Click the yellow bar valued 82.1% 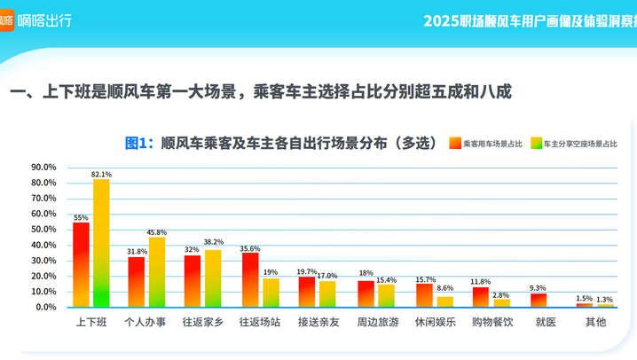[x=101, y=243]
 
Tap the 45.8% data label [x=157, y=232]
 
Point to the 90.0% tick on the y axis [x=43, y=167]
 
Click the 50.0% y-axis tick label [x=43, y=229]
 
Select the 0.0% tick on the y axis [x=45, y=307]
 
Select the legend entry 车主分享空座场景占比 [x=580, y=143]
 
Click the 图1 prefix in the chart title [x=139, y=143]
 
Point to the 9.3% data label [x=538, y=288]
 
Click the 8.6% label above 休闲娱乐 [x=444, y=289]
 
